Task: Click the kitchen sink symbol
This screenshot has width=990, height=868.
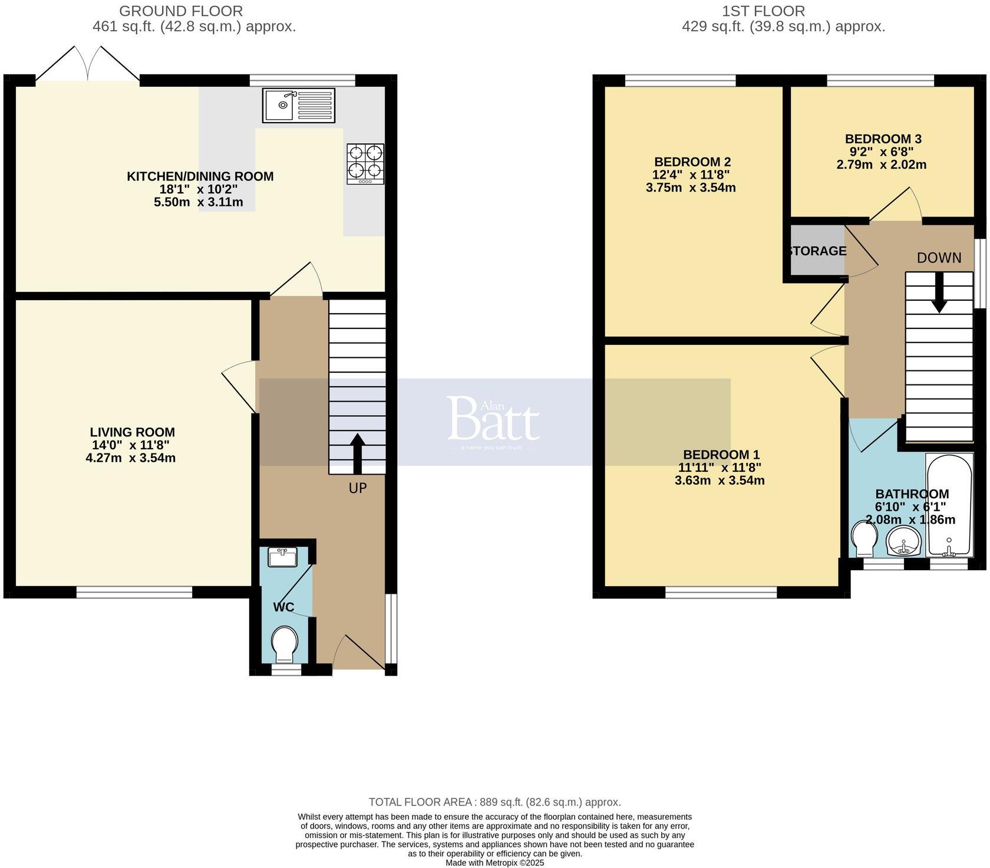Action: pos(299,106)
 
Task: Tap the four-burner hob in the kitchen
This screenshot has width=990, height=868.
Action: pos(365,163)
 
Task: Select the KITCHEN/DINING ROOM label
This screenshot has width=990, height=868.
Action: pos(200,176)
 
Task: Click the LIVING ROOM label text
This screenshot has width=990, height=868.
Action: pos(133,432)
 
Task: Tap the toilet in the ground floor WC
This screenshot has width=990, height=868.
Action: pos(285,644)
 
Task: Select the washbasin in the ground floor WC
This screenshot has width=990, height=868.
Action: pos(283,557)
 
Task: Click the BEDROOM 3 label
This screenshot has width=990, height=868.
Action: pos(883,139)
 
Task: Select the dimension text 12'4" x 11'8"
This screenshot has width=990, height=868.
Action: pos(691,175)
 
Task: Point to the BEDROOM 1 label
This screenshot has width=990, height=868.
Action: pos(721,455)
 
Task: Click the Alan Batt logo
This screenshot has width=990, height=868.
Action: pos(494,420)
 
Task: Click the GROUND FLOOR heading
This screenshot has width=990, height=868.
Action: pos(181,11)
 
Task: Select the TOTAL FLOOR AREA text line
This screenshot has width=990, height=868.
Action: pos(494,802)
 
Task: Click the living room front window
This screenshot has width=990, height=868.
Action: pos(134,591)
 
